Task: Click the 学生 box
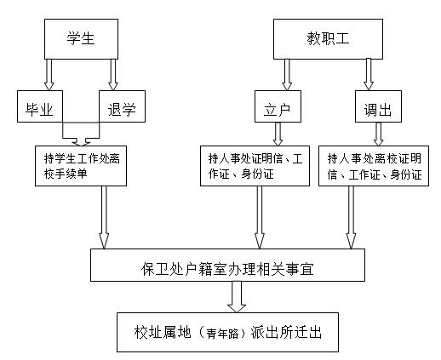81,39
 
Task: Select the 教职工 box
328,39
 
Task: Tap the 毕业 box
40,106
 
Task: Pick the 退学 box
122,106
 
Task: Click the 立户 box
278,106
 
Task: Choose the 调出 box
378,106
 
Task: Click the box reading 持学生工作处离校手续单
81,166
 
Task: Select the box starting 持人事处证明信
255,166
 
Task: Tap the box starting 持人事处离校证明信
374,166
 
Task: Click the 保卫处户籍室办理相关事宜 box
227,265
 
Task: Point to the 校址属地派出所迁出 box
227,332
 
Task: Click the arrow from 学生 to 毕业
49,75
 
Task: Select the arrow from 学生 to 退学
113,75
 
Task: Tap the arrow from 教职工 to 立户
287,75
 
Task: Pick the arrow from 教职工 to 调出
369,74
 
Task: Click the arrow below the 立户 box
278,134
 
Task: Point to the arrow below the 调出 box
378,134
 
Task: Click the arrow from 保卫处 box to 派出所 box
237,297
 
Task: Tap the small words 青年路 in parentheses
222,334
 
